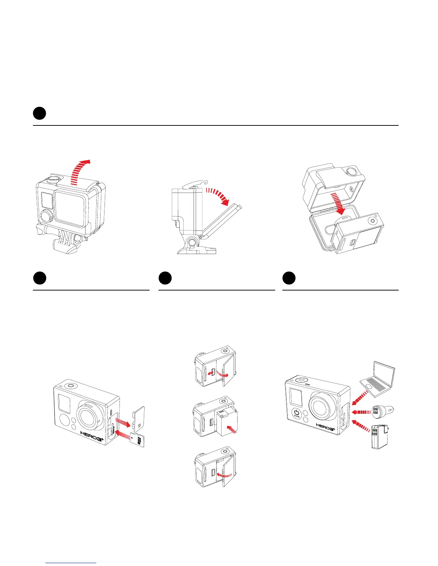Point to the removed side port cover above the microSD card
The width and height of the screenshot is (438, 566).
138,416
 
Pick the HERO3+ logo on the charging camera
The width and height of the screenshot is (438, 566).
325,427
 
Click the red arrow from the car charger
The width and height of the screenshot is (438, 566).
361,412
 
